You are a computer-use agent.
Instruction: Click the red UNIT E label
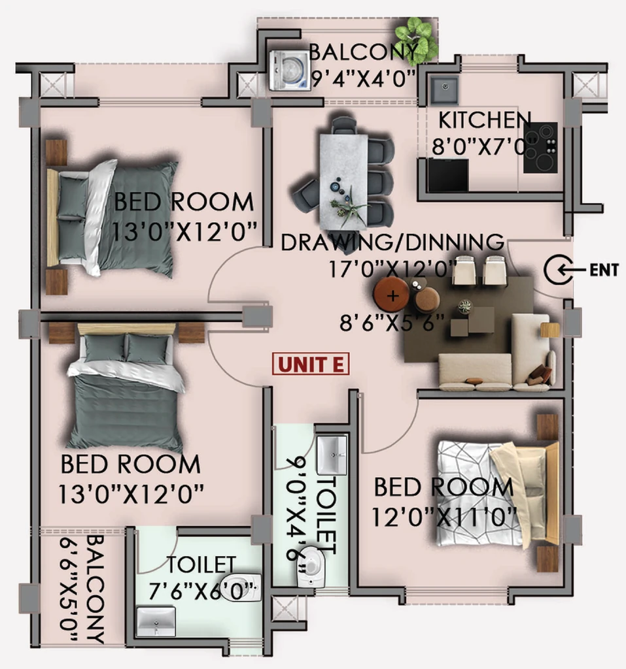[x=311, y=364]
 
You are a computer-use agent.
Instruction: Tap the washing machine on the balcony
[x=290, y=71]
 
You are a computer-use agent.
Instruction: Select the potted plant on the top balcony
[x=416, y=39]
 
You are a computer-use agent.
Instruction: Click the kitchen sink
[x=444, y=90]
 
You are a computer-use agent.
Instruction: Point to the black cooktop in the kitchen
[x=540, y=148]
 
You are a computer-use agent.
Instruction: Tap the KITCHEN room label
[x=485, y=120]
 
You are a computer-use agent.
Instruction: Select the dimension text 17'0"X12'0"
[x=391, y=269]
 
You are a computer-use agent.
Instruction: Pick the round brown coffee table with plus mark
[x=391, y=295]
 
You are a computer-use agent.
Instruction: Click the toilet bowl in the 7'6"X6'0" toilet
[x=241, y=587]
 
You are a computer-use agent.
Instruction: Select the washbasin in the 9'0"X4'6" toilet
[x=332, y=455]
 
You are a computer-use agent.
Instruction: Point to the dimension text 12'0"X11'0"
[x=444, y=517]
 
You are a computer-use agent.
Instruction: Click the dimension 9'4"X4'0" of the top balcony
[x=364, y=79]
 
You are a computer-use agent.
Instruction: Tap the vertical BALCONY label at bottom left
[x=96, y=589]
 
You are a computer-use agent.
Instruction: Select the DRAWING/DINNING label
[x=392, y=242]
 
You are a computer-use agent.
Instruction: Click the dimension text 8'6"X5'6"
[x=392, y=323]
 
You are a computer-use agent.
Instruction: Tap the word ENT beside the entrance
[x=604, y=270]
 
